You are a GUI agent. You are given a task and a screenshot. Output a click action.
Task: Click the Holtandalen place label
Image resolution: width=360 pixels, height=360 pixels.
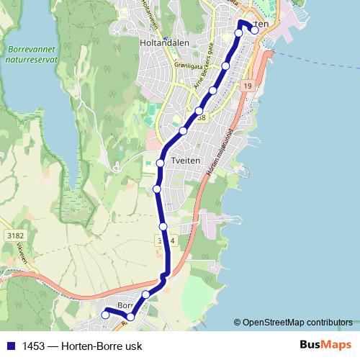pos(164,42)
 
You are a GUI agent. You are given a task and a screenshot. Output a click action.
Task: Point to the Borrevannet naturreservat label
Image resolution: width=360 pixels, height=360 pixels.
pos(30,55)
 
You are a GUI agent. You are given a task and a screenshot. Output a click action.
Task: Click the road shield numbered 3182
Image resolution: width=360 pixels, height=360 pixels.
pos(14,235)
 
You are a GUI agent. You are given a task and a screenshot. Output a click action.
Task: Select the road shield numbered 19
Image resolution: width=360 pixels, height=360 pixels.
pos(248,86)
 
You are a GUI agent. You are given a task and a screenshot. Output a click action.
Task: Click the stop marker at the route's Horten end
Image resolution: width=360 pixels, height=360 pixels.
pos(254,30)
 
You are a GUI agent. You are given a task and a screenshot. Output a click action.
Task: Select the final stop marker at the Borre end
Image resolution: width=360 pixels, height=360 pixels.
pos(106,315)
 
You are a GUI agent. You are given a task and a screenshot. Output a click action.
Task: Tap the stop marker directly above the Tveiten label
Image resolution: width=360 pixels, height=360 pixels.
pos(161,163)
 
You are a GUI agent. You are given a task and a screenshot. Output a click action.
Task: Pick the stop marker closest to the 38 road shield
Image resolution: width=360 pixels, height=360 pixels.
pos(199,111)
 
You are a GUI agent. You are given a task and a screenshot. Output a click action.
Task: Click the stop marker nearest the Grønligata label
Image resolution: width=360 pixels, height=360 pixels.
pos(225,66)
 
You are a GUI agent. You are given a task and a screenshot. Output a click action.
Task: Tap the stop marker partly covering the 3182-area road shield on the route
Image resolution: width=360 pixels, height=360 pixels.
pos(163,227)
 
